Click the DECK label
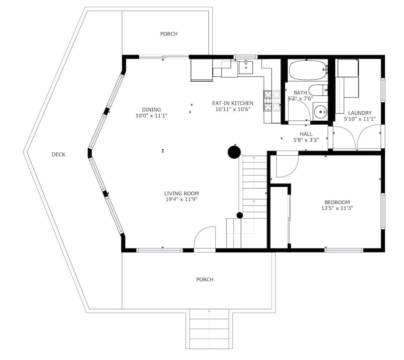pyautogui.click(x=59, y=155)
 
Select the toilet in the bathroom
pyautogui.click(x=318, y=90)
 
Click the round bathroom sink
pyautogui.click(x=320, y=112)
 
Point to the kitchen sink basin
pyautogui.click(x=246, y=68)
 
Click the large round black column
pyautogui.click(x=234, y=152)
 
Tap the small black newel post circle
pyautogui.click(x=240, y=215)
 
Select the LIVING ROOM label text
pyautogui.click(x=181, y=193)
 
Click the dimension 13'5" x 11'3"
pyautogui.click(x=337, y=208)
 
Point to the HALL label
pyautogui.click(x=306, y=134)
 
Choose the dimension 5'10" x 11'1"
pyautogui.click(x=360, y=119)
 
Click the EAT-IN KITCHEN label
pyautogui.click(x=233, y=103)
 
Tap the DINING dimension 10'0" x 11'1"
pyautogui.click(x=151, y=116)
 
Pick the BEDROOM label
pyautogui.click(x=337, y=202)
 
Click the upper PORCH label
pyautogui.click(x=169, y=34)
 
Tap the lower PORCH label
pyautogui.click(x=205, y=280)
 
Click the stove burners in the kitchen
pyautogui.click(x=272, y=101)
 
